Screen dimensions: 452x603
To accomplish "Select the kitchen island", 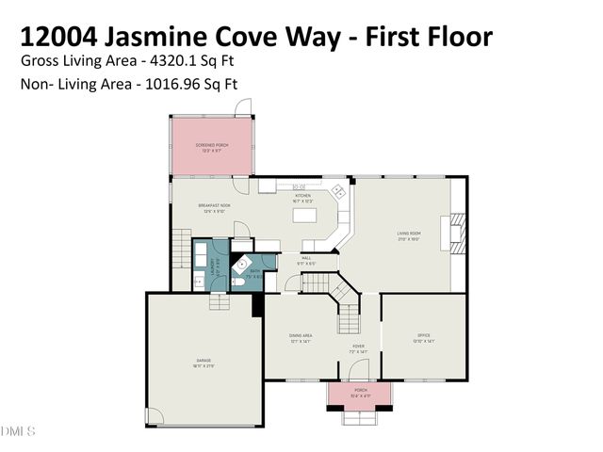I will click(304, 216).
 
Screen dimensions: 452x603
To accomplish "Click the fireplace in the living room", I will click(456, 229).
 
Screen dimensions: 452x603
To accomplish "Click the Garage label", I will click(204, 362).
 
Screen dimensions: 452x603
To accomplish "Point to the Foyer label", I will click(358, 347).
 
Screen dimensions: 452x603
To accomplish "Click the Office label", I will click(424, 337).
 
